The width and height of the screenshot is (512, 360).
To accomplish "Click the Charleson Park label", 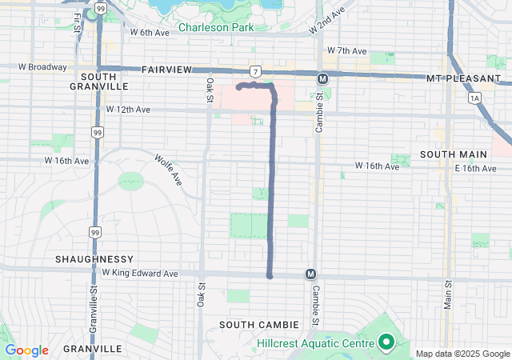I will (x=216, y=27).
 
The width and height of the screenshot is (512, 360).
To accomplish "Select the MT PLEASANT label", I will (x=458, y=78).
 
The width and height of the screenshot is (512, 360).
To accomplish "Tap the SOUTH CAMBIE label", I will (x=260, y=324).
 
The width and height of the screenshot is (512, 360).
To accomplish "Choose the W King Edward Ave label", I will (x=141, y=273).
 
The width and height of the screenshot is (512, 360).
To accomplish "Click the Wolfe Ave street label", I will (x=170, y=169).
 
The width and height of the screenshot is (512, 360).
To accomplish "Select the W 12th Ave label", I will (x=128, y=109).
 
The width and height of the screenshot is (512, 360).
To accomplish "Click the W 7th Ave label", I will (x=346, y=50).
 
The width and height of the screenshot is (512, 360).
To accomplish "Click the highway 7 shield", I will (x=254, y=71).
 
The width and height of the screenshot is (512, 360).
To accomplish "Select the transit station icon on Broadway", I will (x=322, y=78).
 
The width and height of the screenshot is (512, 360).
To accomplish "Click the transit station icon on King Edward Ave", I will (x=310, y=274).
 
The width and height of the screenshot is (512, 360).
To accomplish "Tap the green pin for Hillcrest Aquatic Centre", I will (x=386, y=343).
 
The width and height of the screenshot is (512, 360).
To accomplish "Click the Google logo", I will (x=26, y=350).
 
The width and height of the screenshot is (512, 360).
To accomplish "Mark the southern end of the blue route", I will (x=270, y=277).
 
